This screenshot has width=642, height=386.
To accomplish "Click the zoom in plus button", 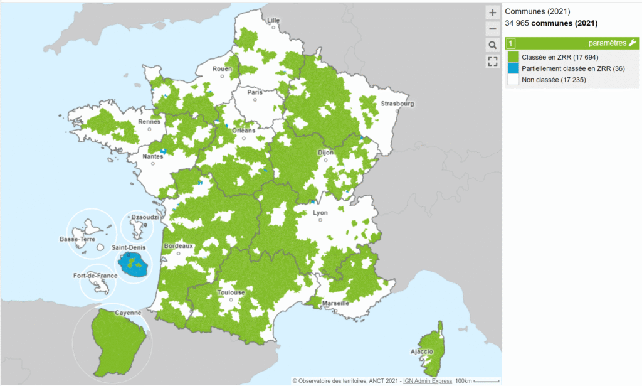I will click(492, 13).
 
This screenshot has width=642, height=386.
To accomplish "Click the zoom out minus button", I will click(492, 29).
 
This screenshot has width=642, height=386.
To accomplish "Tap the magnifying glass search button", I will click(492, 45).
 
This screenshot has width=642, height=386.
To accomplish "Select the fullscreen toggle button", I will click(492, 61).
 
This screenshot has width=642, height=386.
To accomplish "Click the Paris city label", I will click(255, 92).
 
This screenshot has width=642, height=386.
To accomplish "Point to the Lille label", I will click(273, 20).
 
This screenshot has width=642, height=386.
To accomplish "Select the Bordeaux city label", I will click(179, 246).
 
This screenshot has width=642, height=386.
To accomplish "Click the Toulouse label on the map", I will click(231, 292).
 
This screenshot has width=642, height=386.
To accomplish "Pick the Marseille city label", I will click(334, 303).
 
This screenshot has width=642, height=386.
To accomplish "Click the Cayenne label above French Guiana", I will click(128, 313).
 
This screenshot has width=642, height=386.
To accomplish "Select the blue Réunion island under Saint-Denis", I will click(134, 265).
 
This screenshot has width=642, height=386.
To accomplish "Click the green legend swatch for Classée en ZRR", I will click(512, 57).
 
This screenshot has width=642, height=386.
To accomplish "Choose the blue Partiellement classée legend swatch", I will click(512, 68).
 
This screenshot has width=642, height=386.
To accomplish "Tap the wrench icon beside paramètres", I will click(632, 43).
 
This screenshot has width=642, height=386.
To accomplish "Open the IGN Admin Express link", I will click(427, 381).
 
